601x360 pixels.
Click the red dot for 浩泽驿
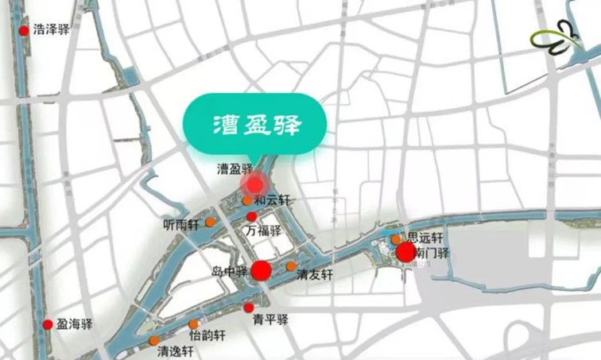click(x=24, y=31)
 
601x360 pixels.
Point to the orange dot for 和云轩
click(x=247, y=200)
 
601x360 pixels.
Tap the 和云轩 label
click(x=273, y=200)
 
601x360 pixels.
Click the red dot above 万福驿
click(x=252, y=216)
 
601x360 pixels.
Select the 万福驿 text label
click(x=264, y=231)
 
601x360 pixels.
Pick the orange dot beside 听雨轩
click(x=210, y=223)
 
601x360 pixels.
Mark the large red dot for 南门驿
click(x=405, y=253)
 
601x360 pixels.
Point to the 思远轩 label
click(x=425, y=237)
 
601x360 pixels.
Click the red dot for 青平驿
click(x=249, y=308)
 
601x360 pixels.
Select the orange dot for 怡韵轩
click(x=194, y=323)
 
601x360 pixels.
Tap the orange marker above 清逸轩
click(x=153, y=341)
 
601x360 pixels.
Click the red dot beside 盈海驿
click(x=48, y=324)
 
